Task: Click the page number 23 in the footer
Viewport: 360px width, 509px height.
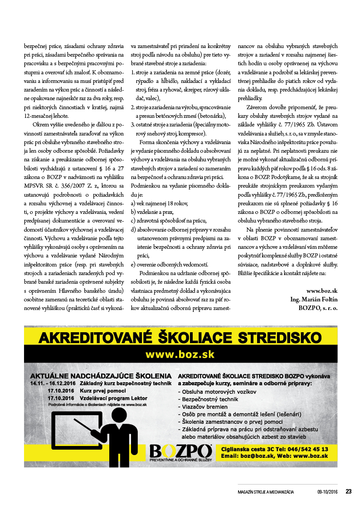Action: [349, 491]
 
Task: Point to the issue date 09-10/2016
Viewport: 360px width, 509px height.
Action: [327, 492]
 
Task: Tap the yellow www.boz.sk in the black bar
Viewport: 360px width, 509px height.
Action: [180, 354]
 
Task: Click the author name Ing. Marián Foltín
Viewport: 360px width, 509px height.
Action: [314, 299]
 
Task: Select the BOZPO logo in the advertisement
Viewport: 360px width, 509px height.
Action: [180, 452]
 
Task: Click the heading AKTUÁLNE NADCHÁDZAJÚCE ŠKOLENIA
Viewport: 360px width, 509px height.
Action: [101, 376]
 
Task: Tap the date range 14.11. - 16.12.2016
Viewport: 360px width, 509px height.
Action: [54, 383]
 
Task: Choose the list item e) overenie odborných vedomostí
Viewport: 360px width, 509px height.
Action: [170, 264]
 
